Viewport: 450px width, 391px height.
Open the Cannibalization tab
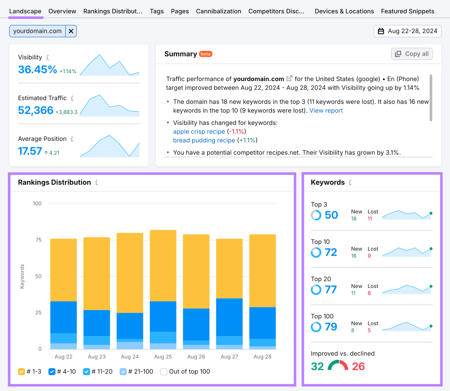click(218, 11)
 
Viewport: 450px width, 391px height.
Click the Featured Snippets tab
click(407, 11)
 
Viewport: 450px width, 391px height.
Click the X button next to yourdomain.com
click(71, 31)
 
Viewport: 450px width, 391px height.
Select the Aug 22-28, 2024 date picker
click(407, 31)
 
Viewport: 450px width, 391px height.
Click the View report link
click(326, 111)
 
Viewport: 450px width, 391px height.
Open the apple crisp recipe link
click(199, 132)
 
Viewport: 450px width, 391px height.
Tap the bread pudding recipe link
click(204, 140)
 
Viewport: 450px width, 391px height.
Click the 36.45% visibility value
click(37, 69)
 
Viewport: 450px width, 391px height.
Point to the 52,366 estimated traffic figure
click(36, 110)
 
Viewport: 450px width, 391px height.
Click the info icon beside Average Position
click(72, 139)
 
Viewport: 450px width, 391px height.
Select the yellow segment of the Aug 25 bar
click(163, 266)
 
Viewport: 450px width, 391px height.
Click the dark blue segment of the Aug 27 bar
click(229, 317)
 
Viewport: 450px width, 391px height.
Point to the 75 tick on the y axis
click(39, 240)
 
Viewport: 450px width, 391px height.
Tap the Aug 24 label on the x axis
click(130, 356)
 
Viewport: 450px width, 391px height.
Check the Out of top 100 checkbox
click(164, 372)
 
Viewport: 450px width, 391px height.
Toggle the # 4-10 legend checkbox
click(52, 372)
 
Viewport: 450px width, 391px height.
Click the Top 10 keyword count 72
click(331, 252)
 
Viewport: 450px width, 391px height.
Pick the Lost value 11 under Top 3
click(370, 219)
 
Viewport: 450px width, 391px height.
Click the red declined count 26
click(358, 366)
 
